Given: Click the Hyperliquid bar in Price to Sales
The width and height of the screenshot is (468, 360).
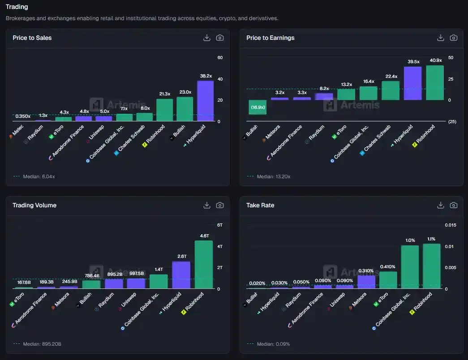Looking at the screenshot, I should click(206, 101).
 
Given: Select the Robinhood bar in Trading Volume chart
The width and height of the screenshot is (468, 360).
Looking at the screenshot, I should click(203, 265).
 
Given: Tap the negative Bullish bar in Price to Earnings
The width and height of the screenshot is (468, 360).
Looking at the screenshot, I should click(258, 107).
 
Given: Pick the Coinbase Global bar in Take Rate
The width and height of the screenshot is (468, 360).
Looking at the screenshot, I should click(410, 267).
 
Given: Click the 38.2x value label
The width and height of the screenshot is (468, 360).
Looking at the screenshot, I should click(206, 76).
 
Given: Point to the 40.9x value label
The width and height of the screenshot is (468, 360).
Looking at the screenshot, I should click(435, 60).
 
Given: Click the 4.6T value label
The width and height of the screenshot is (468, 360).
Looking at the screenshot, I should click(204, 236).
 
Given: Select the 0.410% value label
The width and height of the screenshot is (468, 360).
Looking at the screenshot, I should click(388, 266).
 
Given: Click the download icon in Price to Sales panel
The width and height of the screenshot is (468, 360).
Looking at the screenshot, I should click(207, 38).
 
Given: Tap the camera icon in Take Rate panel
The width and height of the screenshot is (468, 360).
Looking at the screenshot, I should click(454, 206).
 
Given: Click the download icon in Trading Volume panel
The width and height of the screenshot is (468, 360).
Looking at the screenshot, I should click(207, 206).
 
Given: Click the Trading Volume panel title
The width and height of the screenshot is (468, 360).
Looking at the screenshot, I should click(34, 206).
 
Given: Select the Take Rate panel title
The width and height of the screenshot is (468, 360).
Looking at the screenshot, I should click(260, 206).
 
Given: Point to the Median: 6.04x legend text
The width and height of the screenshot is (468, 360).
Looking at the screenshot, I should click(39, 176).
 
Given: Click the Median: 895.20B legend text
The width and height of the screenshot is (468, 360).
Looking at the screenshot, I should click(42, 344).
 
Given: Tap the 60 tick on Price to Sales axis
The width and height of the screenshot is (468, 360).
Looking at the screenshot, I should click(220, 58).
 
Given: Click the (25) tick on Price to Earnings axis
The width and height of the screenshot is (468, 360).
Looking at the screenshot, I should click(452, 122).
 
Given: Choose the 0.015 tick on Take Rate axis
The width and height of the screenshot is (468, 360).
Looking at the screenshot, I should click(450, 225).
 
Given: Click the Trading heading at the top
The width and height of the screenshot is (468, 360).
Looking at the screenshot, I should click(17, 7).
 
